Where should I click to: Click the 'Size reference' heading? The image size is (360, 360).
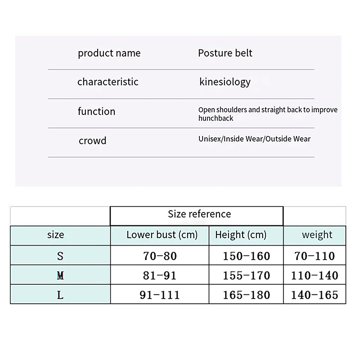[x=199, y=215]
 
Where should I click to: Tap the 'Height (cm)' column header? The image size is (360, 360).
[x=241, y=235]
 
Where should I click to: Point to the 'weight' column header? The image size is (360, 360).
[x=317, y=235]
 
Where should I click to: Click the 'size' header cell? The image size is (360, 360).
[x=55, y=235]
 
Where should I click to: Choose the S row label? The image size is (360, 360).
[x=60, y=256]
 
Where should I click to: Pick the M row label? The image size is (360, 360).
[x=60, y=275]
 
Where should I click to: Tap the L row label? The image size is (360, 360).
[x=60, y=295]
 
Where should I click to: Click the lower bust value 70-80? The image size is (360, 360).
[x=160, y=256]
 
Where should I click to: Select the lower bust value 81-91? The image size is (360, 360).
[x=160, y=275]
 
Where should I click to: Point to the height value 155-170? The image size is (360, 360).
[x=247, y=275]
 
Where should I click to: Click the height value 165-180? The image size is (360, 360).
[x=247, y=295]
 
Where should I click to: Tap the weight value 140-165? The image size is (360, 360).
[x=315, y=295]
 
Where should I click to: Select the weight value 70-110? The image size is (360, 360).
[x=315, y=256]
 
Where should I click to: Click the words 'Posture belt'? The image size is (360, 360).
[x=225, y=54]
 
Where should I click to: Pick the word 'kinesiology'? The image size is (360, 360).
[x=225, y=82]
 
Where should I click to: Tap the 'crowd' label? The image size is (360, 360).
[x=92, y=141]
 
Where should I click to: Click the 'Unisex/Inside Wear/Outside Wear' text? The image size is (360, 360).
[x=254, y=139]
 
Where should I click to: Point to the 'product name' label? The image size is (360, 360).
[x=109, y=54]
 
